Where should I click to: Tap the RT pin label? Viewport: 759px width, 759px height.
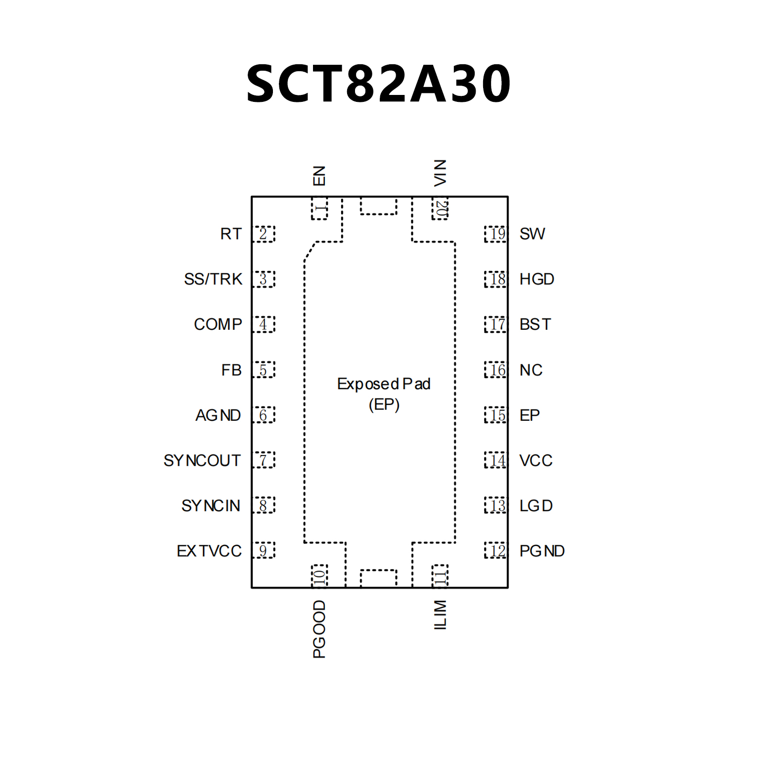(231, 234)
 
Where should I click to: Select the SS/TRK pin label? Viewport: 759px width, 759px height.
(213, 279)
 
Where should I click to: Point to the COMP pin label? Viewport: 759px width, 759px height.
(218, 324)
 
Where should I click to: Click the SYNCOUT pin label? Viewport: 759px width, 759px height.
(202, 460)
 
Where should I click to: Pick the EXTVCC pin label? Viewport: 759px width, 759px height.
(209, 551)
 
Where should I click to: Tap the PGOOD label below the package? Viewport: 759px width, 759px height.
(319, 629)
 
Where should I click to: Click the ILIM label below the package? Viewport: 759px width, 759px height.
(440, 615)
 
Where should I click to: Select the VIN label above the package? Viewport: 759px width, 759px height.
(440, 173)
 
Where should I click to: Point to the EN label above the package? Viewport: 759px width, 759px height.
(319, 176)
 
